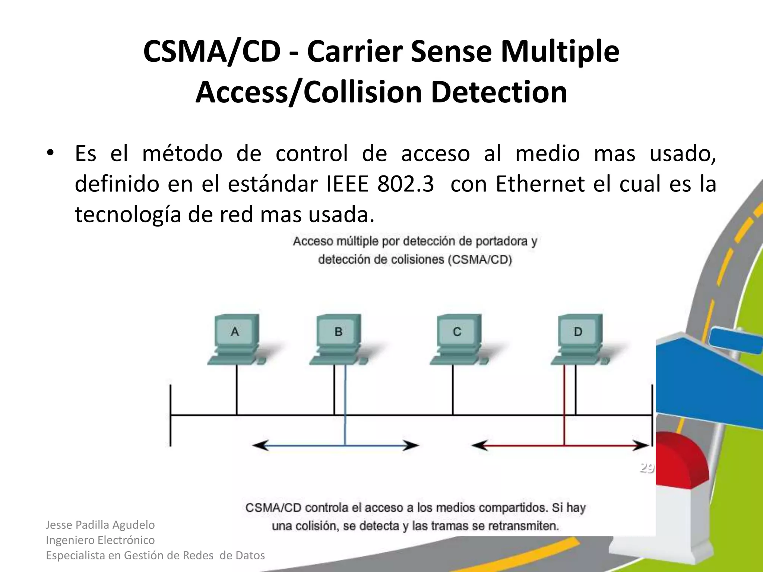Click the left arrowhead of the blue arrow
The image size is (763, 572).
coord(259,445)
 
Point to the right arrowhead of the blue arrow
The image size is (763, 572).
coord(412,445)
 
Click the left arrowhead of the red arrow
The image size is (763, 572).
coord(479,445)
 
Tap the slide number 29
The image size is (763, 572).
coord(647,468)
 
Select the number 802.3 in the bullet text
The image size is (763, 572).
coord(405,184)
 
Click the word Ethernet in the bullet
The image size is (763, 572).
coord(540,184)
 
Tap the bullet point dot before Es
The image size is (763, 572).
coord(50,153)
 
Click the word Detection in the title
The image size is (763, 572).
coord(499,92)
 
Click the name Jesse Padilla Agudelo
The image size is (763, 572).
coord(100,525)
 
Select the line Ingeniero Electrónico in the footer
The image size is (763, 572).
coord(100,540)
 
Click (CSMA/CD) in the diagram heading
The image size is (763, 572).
coord(479,260)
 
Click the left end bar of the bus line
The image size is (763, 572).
coord(170,415)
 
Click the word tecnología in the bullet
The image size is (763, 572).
coord(127,215)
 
